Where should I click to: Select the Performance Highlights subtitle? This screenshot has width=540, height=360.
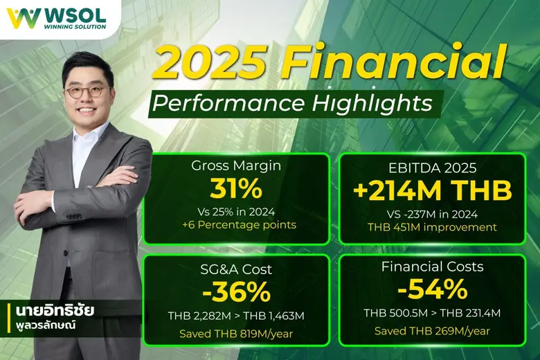294,104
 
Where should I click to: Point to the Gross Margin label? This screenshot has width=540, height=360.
235,165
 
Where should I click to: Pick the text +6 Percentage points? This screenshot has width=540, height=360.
235,226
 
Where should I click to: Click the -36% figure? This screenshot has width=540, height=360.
235,292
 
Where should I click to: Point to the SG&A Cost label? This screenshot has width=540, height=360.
235,269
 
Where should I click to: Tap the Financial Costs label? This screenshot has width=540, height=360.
433,267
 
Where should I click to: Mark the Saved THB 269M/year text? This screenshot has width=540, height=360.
433,330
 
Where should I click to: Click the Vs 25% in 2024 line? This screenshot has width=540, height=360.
235,212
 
